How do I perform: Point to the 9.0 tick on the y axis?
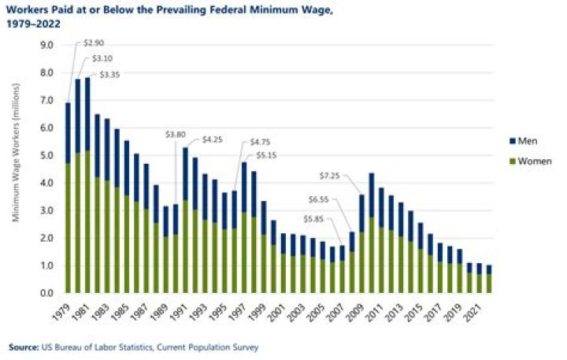[x=46, y=46]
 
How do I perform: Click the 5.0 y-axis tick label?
[x=46, y=156]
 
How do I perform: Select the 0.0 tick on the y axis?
[x=46, y=293]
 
